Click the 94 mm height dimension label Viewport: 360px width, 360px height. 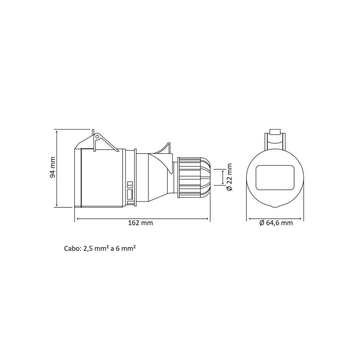(x=52, y=167)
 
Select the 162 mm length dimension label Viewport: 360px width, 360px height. (x=140, y=223)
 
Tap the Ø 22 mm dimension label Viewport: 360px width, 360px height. (x=229, y=177)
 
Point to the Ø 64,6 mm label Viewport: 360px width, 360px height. (x=276, y=223)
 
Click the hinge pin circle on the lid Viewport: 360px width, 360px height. (x=97, y=137)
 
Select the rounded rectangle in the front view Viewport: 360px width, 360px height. (x=275, y=177)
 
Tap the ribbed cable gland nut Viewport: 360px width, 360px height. (x=194, y=177)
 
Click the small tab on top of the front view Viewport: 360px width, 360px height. (x=275, y=132)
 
